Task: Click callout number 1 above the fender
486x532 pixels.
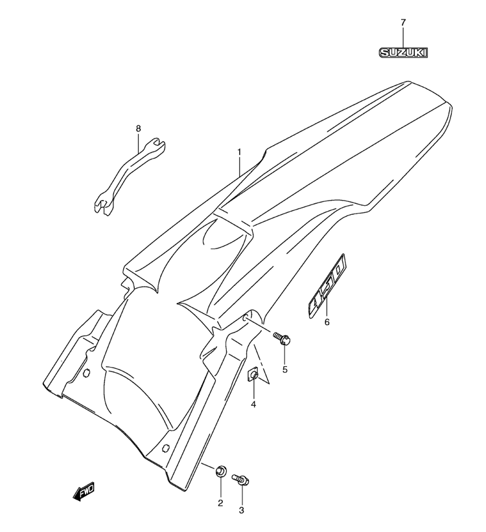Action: (239, 151)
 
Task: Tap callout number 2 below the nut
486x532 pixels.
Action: (220, 503)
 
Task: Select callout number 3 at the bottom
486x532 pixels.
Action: (242, 510)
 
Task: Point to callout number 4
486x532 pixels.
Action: (253, 405)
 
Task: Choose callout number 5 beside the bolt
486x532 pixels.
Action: (285, 369)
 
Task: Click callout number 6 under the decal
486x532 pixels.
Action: (327, 322)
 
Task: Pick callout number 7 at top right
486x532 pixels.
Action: (403, 23)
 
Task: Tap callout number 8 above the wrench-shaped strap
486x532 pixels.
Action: (138, 129)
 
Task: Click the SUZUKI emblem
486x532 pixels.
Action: (403, 52)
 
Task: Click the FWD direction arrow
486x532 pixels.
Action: (84, 491)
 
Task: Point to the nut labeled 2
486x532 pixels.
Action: (220, 472)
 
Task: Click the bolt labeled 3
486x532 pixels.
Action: (241, 480)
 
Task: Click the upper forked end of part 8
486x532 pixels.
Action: (156, 145)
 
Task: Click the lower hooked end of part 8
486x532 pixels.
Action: (102, 205)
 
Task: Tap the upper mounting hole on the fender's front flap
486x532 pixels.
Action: (87, 373)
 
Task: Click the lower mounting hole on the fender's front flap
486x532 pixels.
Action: (166, 448)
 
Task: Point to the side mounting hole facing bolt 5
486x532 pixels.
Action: (246, 318)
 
